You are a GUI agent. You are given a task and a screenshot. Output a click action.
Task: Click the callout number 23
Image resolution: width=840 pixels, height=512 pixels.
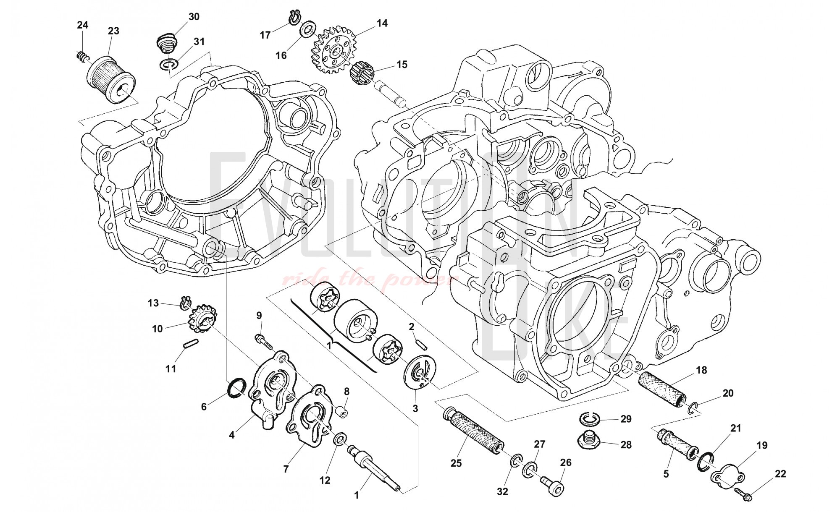coord(113,31)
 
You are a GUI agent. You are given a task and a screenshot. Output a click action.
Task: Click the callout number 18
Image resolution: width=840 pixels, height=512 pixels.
coord(701,370)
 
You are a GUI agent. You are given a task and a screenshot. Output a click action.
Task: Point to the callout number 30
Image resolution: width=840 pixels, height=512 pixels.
coord(194,17)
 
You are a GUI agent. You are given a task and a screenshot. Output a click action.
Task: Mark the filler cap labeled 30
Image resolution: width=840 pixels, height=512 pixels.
coord(168,42)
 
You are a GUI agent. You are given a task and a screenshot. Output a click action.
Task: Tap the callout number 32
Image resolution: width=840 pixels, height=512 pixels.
coord(502,491)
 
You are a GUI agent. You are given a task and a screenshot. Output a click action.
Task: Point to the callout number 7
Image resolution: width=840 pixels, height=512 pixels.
coord(286,469)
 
